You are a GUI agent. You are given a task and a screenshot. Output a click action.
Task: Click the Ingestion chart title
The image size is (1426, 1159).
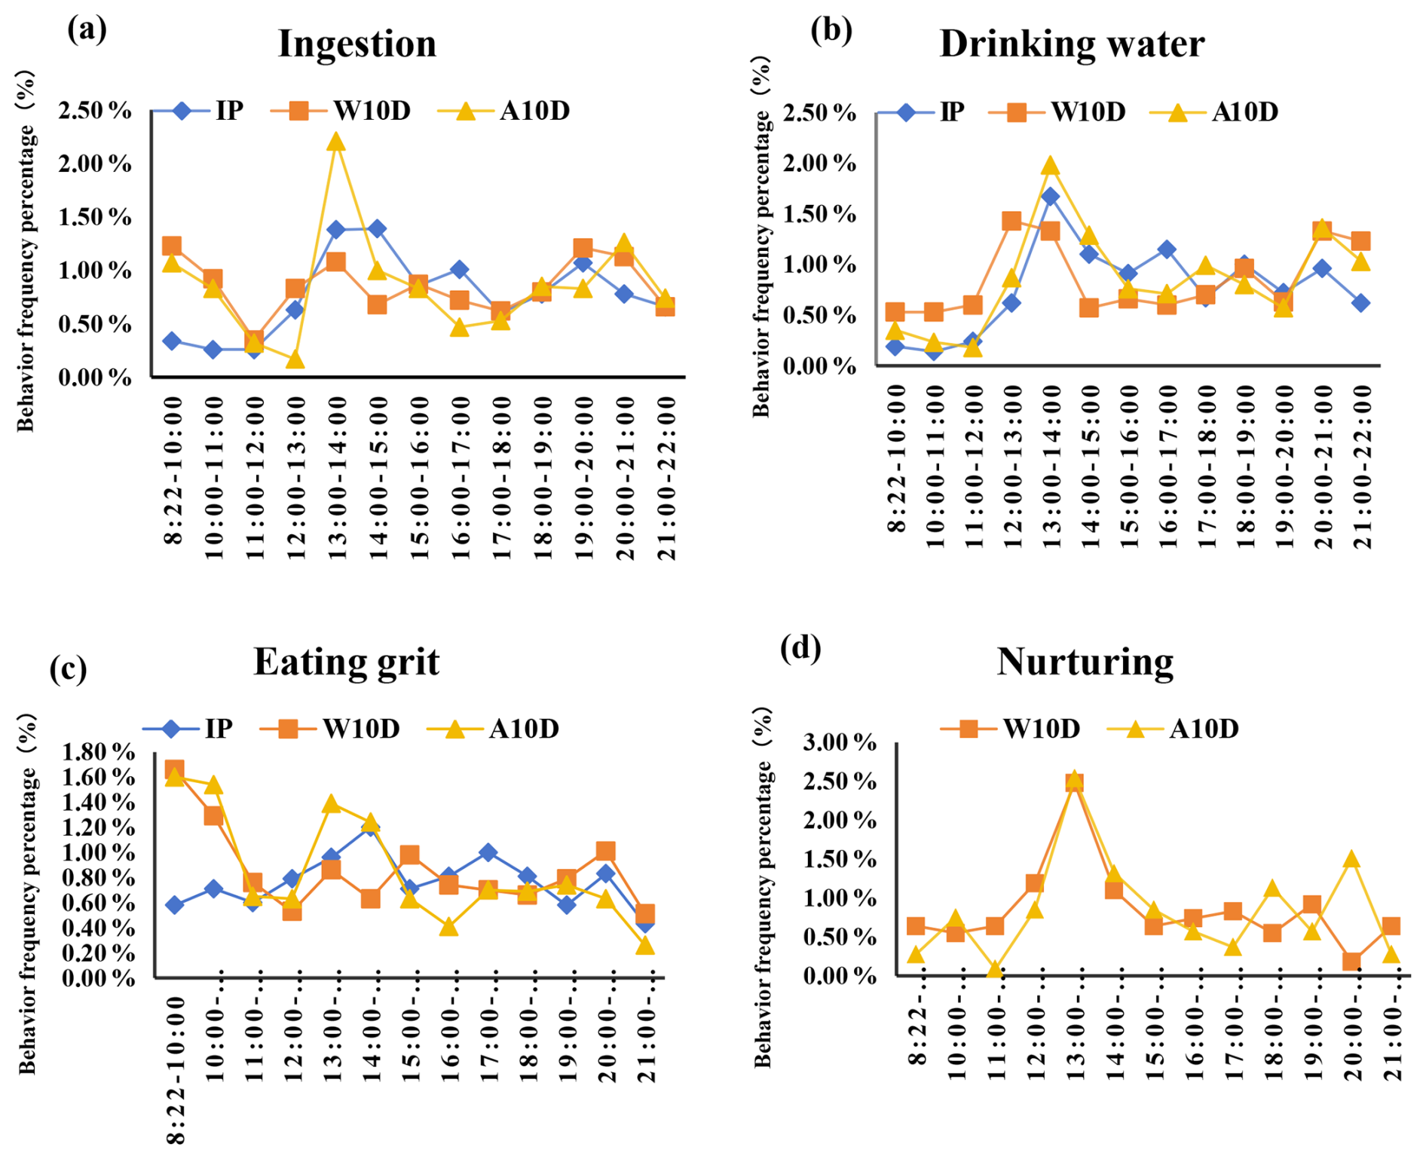(357, 44)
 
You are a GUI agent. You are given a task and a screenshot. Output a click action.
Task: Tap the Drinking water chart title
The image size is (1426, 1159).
(1071, 44)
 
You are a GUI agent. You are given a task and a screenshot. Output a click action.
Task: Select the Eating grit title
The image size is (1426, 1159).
(346, 662)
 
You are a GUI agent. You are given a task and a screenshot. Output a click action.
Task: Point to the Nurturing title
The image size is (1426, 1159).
(1085, 662)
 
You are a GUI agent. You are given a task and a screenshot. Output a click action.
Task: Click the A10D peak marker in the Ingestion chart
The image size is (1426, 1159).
(336, 142)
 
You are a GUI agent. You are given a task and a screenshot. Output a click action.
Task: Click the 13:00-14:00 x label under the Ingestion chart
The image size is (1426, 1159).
(337, 478)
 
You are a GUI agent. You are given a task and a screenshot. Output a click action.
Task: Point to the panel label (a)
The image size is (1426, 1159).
(87, 30)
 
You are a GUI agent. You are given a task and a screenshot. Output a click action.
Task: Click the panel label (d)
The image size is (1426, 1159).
(800, 648)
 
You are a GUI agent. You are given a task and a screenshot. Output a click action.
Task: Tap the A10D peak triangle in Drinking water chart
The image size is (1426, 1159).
(1051, 167)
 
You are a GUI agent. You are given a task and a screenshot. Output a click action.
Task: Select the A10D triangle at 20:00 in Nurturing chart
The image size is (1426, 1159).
(1351, 859)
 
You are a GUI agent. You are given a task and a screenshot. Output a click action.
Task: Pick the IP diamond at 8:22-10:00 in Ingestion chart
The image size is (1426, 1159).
(172, 341)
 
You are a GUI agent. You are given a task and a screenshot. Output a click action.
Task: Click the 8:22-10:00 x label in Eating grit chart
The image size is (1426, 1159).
(175, 1070)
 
